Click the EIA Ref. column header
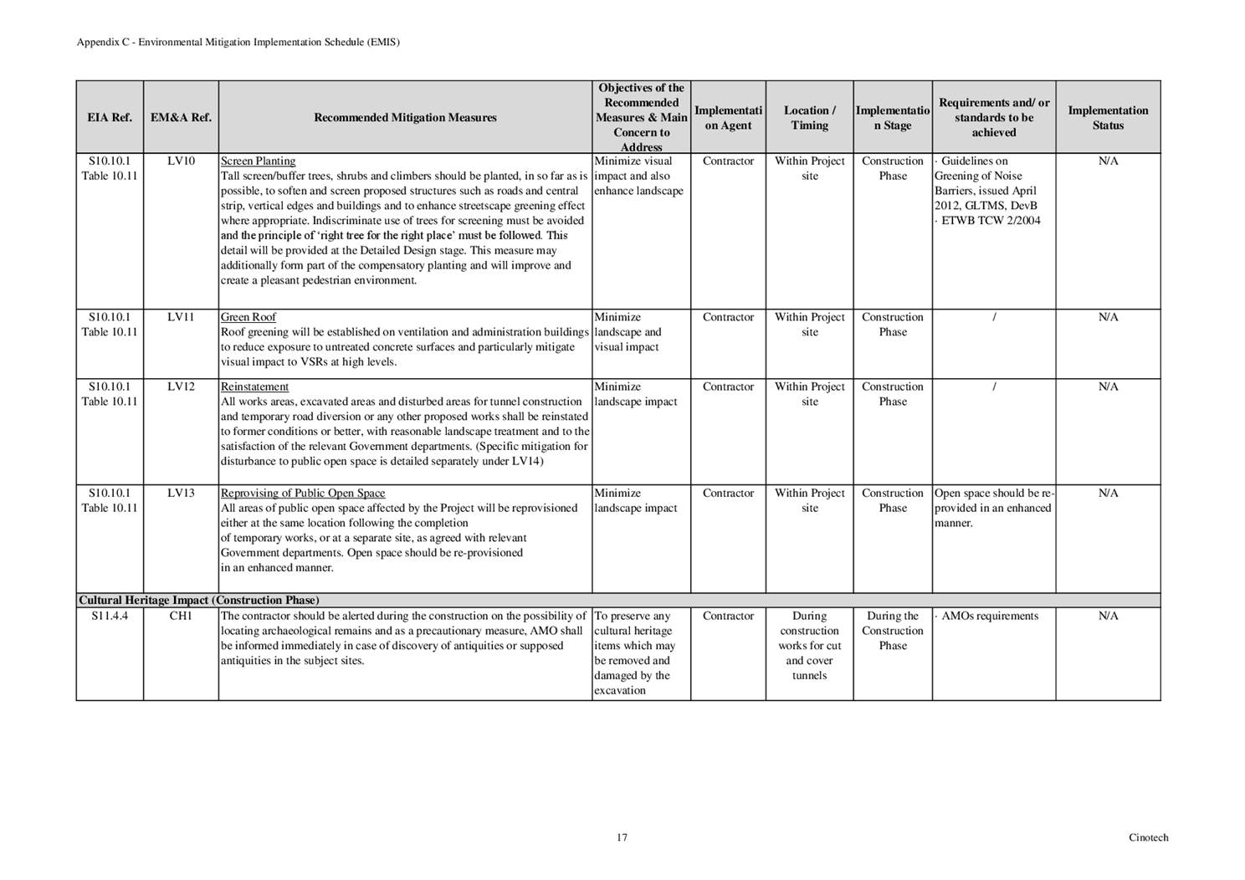[110, 118]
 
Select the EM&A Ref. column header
[181, 118]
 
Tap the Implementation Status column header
[1108, 118]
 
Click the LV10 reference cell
[181, 161]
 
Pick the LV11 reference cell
[181, 318]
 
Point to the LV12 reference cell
[181, 387]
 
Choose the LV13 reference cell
[181, 494]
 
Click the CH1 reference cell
[181, 617]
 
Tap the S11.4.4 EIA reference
[110, 617]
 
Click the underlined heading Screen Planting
[258, 161]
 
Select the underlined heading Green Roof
[248, 318]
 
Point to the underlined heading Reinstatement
[254, 387]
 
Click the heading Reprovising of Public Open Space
[303, 494]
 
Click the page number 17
[622, 837]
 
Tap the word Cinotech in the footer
[1148, 837]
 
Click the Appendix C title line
[238, 42]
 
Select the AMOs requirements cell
[990, 617]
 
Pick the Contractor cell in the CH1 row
[728, 617]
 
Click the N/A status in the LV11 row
[1108, 318]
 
